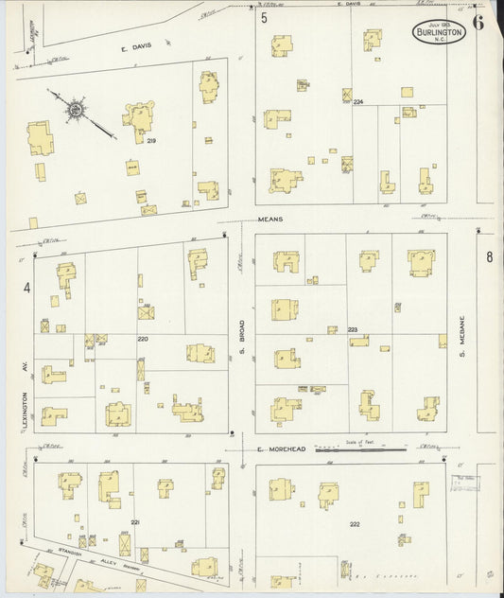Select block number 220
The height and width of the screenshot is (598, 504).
click(x=144, y=339)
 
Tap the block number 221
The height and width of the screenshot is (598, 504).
click(x=135, y=521)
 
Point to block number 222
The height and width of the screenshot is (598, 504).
click(x=355, y=524)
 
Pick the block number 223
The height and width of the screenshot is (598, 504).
click(x=353, y=329)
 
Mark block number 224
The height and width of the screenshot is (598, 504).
click(x=358, y=101)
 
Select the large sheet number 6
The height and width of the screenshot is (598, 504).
click(x=479, y=23)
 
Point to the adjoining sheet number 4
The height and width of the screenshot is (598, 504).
click(x=26, y=288)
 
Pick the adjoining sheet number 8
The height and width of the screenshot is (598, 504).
click(x=490, y=257)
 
